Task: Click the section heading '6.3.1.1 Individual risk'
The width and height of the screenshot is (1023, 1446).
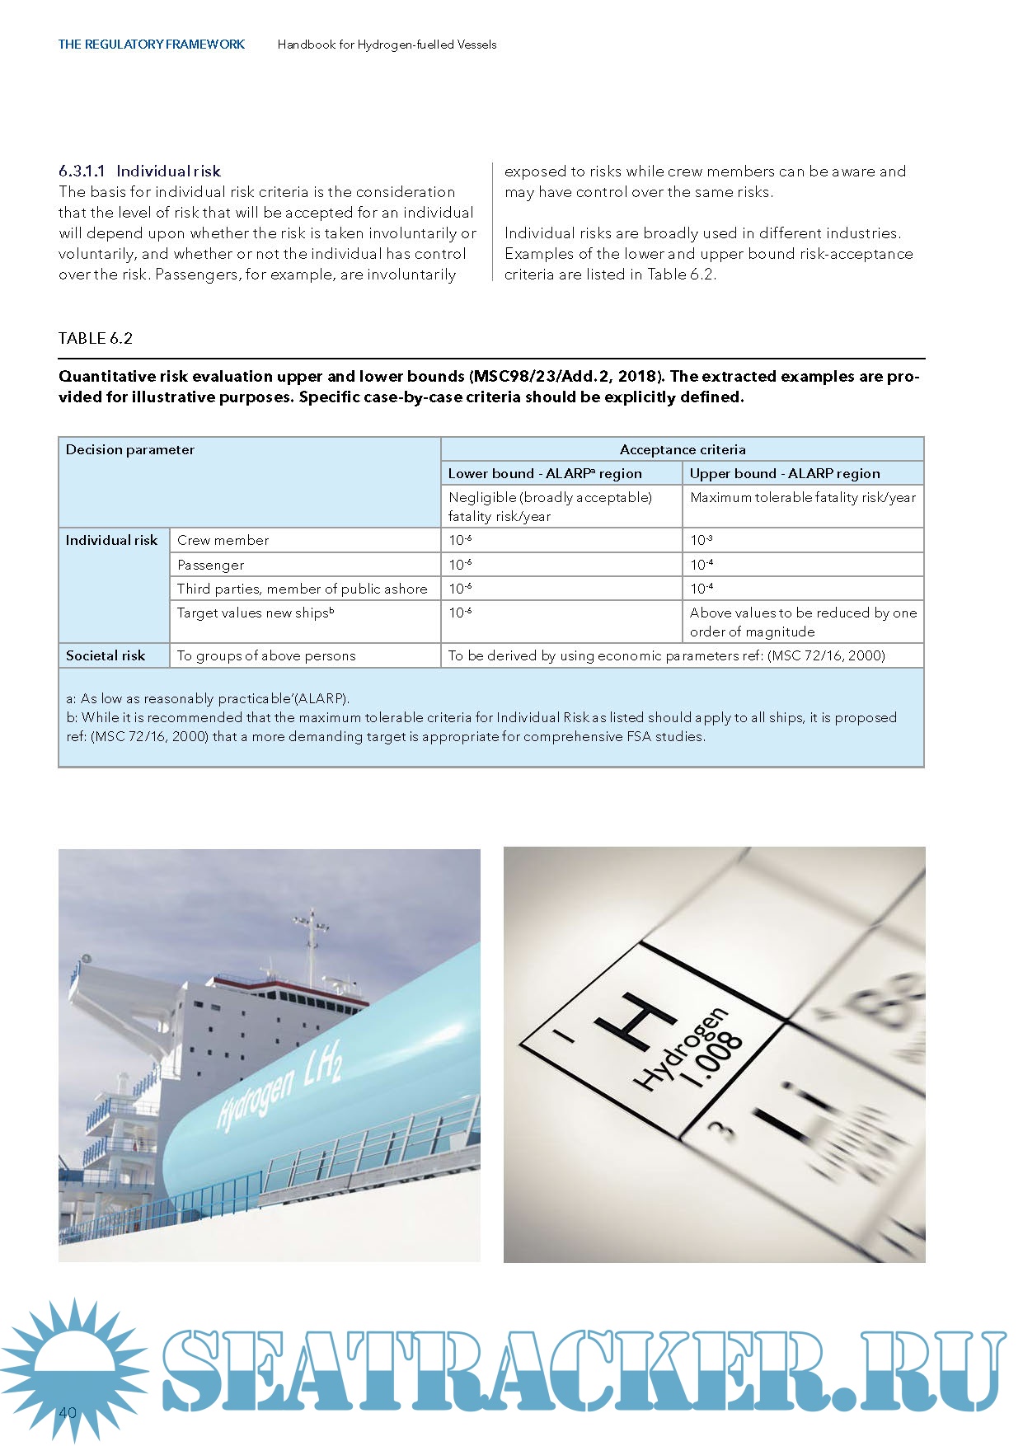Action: (139, 171)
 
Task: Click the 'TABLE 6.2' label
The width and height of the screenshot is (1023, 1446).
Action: (95, 338)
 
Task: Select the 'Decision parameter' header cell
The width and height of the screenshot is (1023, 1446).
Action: (130, 450)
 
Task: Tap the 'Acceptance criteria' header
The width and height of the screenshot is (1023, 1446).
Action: (682, 450)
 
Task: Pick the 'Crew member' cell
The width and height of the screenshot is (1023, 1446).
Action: (223, 541)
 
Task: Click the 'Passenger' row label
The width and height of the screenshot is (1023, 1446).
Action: (210, 566)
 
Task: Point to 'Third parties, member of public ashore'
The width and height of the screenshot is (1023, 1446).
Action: (302, 589)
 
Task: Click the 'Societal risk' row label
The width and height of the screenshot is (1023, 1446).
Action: (106, 656)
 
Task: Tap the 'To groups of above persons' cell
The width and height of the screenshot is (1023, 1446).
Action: (266, 656)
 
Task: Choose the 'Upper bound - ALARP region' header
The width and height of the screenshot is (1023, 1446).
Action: (784, 474)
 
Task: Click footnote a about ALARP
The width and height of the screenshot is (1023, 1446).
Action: (208, 699)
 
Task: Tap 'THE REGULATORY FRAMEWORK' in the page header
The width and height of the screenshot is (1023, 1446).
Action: (151, 45)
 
